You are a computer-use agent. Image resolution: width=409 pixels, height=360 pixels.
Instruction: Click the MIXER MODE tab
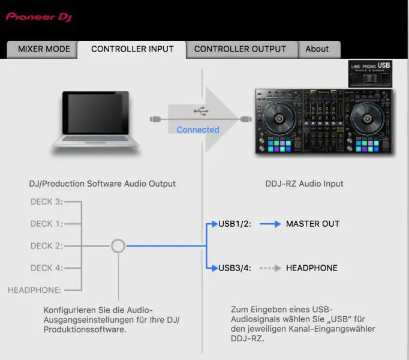coord(44,49)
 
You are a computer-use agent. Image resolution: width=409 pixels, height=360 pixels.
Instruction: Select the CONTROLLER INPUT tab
coord(132,49)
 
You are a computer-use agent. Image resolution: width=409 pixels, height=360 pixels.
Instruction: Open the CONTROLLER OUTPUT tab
coord(240,49)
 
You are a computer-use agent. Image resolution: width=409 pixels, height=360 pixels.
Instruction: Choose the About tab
coord(317,49)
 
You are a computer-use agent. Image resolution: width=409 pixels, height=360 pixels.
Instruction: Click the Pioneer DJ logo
coord(39,17)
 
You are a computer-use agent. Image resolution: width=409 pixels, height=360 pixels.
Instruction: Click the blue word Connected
coord(198,130)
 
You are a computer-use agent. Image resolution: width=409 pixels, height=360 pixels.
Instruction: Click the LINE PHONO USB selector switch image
coord(370,74)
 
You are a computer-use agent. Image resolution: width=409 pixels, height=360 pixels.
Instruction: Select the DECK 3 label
coord(46,202)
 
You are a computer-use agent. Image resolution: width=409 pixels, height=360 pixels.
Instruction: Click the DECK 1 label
coord(46,224)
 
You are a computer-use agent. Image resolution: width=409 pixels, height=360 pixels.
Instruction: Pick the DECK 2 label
coord(46,246)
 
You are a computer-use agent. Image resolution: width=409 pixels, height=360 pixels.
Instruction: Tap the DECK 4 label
coord(46,268)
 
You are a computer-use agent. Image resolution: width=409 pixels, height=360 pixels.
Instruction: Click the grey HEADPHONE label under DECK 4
coord(34,290)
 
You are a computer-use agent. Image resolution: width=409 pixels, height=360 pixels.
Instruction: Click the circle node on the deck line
coord(118,246)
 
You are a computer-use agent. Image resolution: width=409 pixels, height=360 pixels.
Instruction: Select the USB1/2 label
coord(234,224)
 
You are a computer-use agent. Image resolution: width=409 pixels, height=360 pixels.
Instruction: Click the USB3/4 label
coord(234,268)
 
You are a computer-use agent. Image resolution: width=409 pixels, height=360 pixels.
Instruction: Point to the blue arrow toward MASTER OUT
coord(270,224)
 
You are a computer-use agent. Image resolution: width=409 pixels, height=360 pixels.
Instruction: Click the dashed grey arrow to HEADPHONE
coord(270,268)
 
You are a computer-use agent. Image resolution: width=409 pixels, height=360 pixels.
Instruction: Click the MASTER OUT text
coord(312,224)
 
